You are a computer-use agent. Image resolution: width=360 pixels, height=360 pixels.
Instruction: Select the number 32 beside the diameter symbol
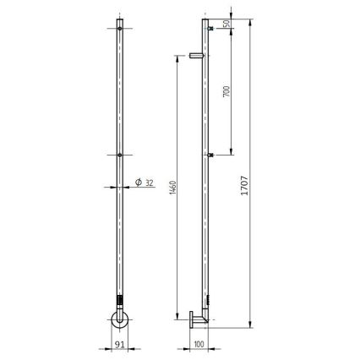(x=149, y=183)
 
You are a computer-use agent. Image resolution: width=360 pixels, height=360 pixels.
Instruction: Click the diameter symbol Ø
(x=138, y=183)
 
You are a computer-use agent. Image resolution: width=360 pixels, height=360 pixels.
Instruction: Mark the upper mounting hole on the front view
(x=121, y=29)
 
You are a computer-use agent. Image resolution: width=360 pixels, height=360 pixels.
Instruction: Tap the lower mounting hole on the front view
(x=121, y=155)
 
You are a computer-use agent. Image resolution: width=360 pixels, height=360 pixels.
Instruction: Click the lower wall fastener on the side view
(x=210, y=155)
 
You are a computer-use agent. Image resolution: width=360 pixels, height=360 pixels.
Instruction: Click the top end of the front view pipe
(x=121, y=18)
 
